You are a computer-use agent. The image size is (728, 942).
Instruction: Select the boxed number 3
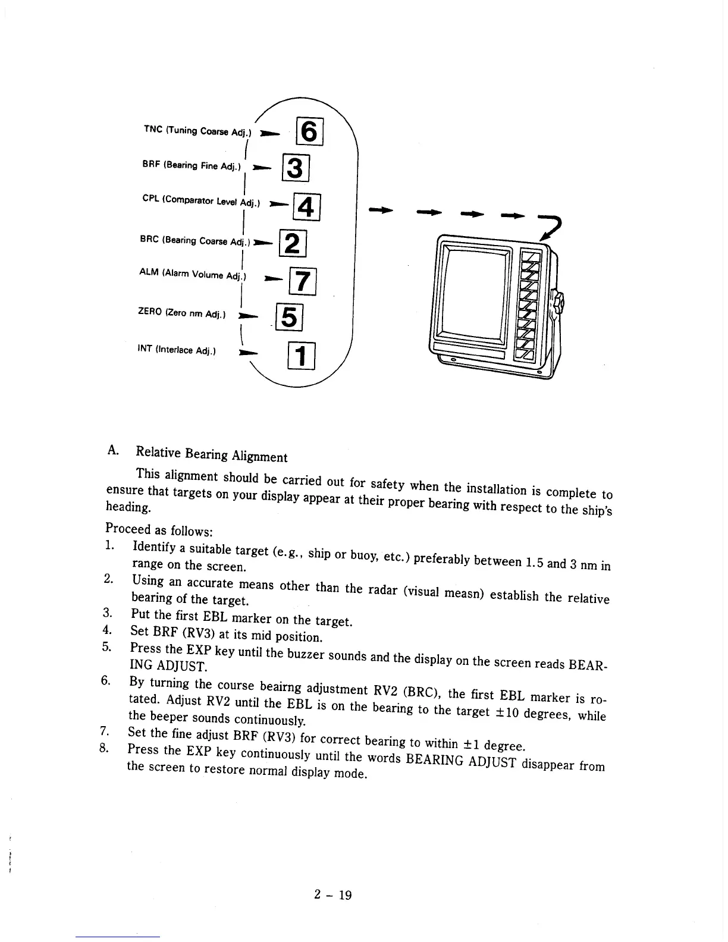(x=296, y=167)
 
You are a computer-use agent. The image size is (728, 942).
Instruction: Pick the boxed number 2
(x=291, y=244)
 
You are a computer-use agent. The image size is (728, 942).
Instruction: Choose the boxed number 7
(x=302, y=282)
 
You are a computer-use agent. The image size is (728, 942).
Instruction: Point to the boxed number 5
(x=288, y=317)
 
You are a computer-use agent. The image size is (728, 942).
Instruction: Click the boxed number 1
(x=301, y=357)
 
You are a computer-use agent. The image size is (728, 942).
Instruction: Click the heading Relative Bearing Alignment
(x=211, y=454)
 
